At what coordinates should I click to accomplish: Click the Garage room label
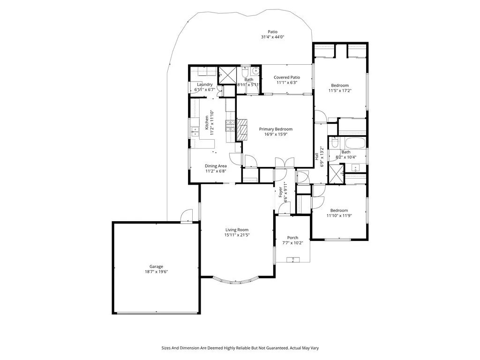click(x=157, y=266)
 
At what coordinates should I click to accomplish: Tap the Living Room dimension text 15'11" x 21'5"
click(x=236, y=235)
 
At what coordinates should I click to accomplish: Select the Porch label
click(x=292, y=238)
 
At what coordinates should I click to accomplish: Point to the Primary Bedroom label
click(x=276, y=129)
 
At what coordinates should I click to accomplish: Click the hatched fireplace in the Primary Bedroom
click(x=242, y=130)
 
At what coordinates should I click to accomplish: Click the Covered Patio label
click(x=287, y=77)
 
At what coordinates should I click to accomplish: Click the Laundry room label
click(x=205, y=84)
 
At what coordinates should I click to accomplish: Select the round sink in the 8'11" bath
click(x=254, y=72)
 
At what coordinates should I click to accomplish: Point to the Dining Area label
click(x=216, y=166)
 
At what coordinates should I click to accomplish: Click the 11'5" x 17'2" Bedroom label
click(x=339, y=85)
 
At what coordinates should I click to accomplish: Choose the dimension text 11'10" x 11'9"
click(x=339, y=216)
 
